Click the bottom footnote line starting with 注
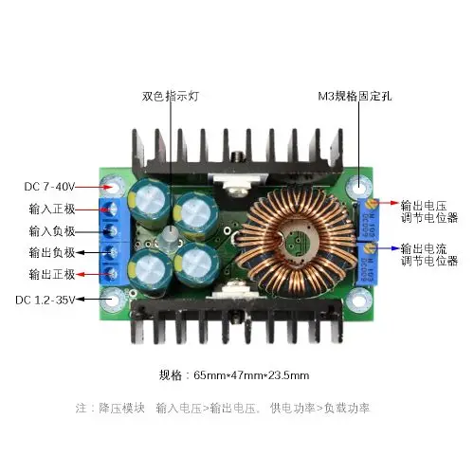pyautogui.click(x=222, y=408)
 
